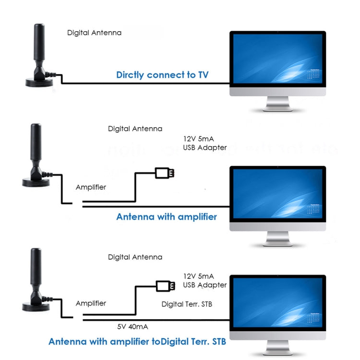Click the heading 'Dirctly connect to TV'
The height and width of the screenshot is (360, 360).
(x=162, y=75)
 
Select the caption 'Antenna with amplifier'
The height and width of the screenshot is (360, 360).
(x=167, y=216)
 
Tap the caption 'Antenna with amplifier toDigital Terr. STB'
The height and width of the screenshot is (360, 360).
(x=137, y=342)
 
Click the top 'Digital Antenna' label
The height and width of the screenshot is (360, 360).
(x=94, y=33)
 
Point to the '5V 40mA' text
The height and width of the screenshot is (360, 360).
(x=132, y=326)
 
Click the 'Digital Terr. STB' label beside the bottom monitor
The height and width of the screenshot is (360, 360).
(x=187, y=304)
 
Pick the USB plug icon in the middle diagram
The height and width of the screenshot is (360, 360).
(x=164, y=172)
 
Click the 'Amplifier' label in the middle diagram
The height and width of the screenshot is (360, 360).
(x=91, y=187)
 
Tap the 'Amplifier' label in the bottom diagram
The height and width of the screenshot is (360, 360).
(x=91, y=303)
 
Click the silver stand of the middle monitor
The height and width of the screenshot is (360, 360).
(x=277, y=239)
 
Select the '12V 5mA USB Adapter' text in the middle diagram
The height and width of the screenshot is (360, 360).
(x=204, y=143)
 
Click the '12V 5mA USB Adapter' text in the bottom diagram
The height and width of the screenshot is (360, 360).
(x=204, y=280)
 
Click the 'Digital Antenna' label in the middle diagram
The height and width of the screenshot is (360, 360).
(x=135, y=129)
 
